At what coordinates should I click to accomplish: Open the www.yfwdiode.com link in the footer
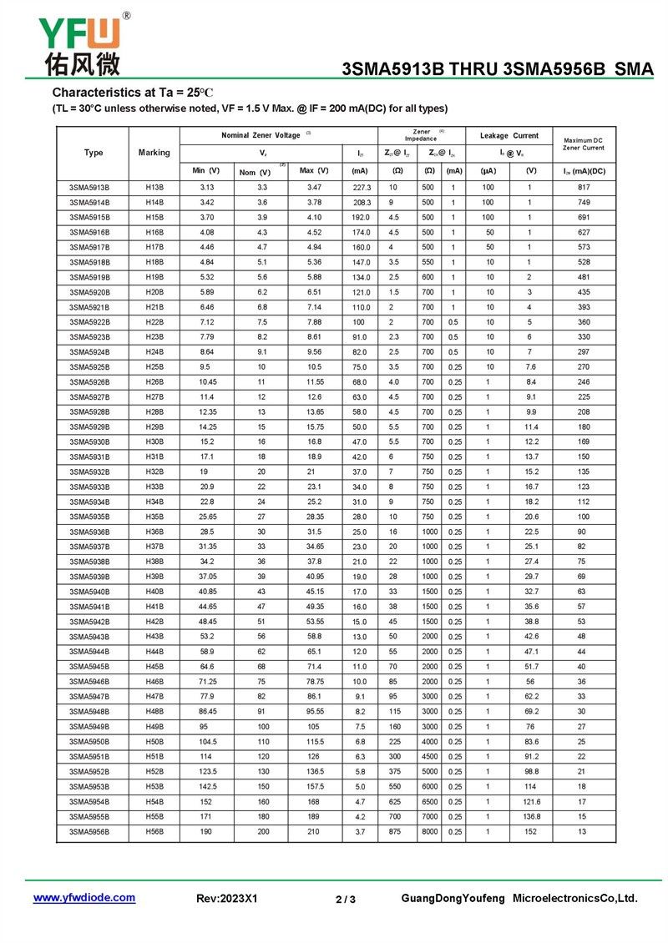tap(83, 898)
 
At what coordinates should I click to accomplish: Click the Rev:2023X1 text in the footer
tap(227, 899)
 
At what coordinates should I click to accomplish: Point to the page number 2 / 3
tap(345, 899)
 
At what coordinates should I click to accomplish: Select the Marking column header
tap(154, 153)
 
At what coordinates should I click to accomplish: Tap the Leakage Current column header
tap(509, 135)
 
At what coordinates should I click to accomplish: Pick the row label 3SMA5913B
tap(89, 188)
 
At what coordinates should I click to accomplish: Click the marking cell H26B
tap(154, 382)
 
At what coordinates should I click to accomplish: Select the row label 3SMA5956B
tap(89, 832)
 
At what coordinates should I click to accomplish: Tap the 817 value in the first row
tap(584, 188)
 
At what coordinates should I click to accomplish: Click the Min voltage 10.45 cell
tap(207, 382)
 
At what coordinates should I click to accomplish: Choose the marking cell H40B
tap(154, 592)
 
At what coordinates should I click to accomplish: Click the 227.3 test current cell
tap(362, 188)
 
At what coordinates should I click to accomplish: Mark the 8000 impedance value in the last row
tap(428, 832)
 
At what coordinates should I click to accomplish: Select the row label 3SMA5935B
tap(89, 517)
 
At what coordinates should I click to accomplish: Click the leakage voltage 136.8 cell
tap(531, 817)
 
